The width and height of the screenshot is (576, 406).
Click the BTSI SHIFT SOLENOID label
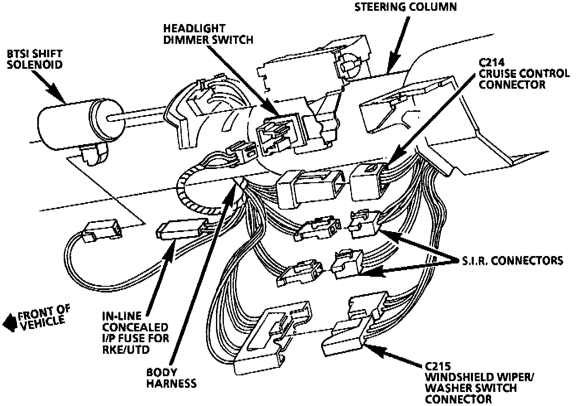tap(35, 59)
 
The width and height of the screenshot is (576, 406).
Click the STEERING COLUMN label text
tap(406, 7)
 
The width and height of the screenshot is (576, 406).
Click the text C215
tap(438, 367)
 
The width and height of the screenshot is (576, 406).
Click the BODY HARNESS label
tap(171, 378)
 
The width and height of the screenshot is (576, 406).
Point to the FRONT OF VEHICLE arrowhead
tap(8, 323)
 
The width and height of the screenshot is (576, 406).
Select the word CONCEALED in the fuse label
tap(135, 327)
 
